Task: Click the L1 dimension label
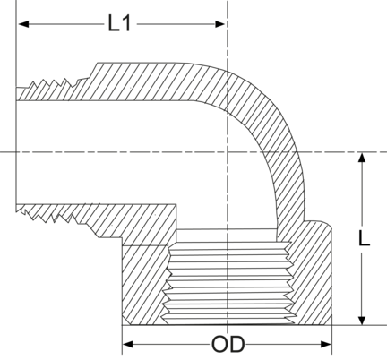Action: [119, 23]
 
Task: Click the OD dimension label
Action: [228, 344]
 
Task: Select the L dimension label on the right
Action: [364, 238]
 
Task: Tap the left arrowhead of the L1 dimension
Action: [23, 24]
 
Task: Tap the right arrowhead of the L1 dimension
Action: [219, 24]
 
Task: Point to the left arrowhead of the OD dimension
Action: [128, 344]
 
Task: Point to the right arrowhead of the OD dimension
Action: [326, 344]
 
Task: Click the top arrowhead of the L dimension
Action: [362, 158]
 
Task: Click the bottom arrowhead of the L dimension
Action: [362, 320]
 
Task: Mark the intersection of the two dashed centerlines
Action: [228, 152]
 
